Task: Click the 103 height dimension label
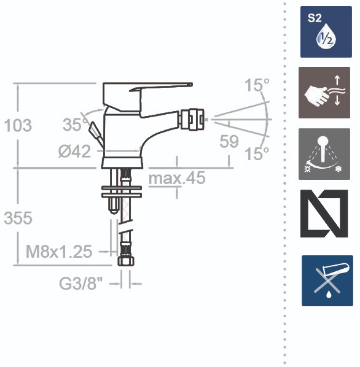tap(18, 125)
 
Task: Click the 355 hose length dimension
tap(18, 218)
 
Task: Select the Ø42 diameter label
tap(74, 151)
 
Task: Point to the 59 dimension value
tap(229, 141)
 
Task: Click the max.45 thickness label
tap(177, 178)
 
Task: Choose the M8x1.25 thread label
tap(59, 252)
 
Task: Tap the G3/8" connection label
tap(81, 284)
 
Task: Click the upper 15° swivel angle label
tap(257, 85)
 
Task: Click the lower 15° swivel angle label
tap(257, 153)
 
